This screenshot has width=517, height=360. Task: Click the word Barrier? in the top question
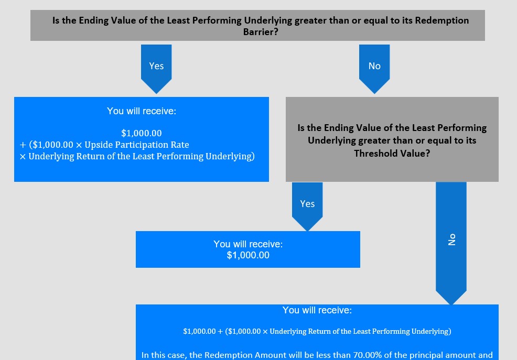click(261, 32)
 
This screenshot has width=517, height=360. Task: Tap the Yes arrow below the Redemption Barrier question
click(156, 69)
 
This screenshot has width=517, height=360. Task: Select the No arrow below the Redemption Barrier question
click(374, 69)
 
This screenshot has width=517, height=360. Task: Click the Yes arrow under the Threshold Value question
click(307, 206)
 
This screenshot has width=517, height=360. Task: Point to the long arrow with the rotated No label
click(451, 243)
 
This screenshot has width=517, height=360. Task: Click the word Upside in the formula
click(98, 145)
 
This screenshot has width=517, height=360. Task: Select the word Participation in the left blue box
click(141, 145)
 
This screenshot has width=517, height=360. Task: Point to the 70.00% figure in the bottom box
click(367, 355)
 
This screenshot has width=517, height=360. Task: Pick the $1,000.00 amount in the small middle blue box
click(248, 255)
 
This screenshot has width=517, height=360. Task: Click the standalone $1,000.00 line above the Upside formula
click(142, 133)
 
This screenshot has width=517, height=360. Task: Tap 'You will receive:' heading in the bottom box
click(317, 310)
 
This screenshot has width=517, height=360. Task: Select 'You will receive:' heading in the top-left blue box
click(142, 111)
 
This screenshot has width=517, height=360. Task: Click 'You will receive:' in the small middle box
click(248, 244)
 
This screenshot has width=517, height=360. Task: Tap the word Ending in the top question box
click(94, 20)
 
